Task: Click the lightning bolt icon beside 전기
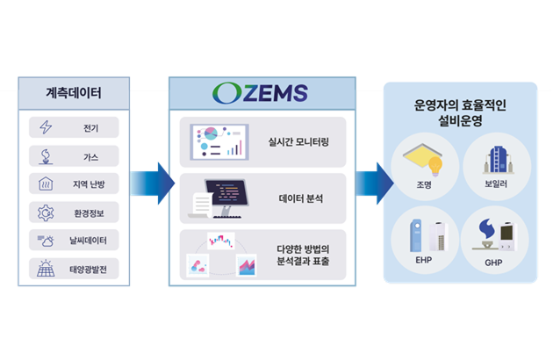pyautogui.click(x=46, y=127)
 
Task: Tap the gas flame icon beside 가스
pyautogui.click(x=46, y=156)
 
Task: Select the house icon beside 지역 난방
pyautogui.click(x=46, y=184)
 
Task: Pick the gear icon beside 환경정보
pyautogui.click(x=46, y=212)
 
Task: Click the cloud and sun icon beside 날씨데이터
pyautogui.click(x=46, y=241)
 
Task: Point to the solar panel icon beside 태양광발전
pyautogui.click(x=46, y=268)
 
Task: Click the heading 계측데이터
pyautogui.click(x=74, y=93)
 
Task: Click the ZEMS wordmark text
pyautogui.click(x=276, y=94)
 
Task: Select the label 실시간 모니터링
pyautogui.click(x=298, y=142)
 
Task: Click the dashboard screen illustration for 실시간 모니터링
pyautogui.click(x=219, y=142)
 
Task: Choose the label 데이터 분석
pyautogui.click(x=300, y=198)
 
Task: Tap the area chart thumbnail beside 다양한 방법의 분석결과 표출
pyautogui.click(x=247, y=265)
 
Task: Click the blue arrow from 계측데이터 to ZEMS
pyautogui.click(x=153, y=184)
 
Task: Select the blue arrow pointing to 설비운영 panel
pyautogui.click(x=375, y=184)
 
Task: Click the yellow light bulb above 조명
pyautogui.click(x=435, y=166)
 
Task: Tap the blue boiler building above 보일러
pyautogui.click(x=498, y=159)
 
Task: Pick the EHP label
pyautogui.click(x=423, y=260)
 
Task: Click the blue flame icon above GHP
pyautogui.click(x=486, y=228)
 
